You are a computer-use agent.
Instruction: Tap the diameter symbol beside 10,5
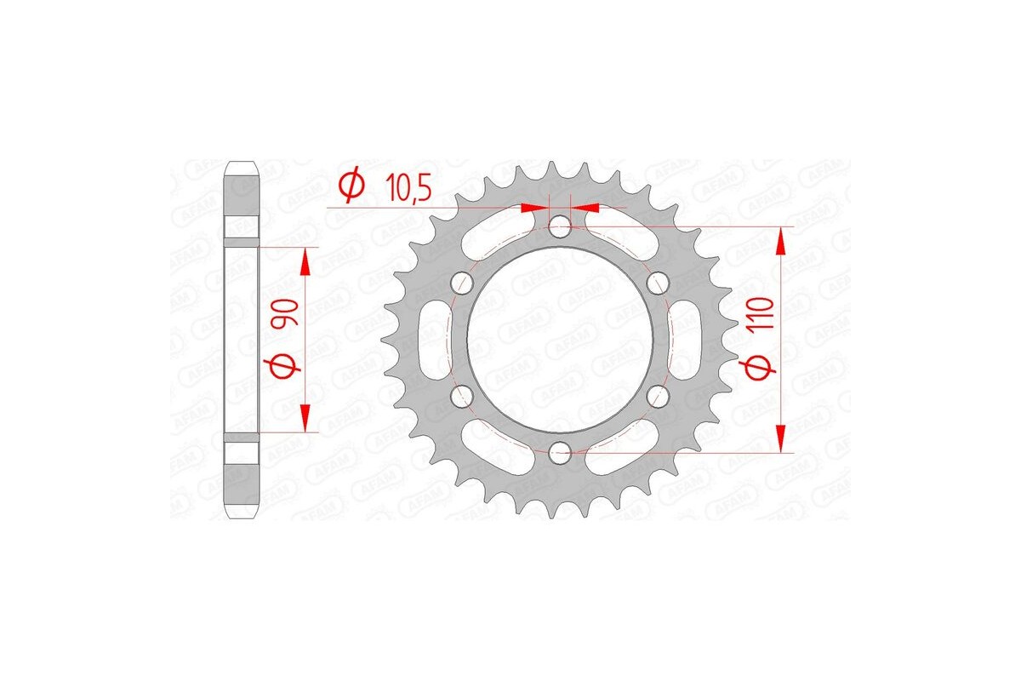click(351, 184)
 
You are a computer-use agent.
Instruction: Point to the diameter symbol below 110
click(761, 367)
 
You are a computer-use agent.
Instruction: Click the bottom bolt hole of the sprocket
click(560, 451)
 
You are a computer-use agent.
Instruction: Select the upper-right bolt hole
click(657, 282)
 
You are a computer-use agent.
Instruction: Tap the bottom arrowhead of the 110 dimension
click(781, 439)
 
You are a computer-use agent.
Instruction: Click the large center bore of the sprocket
click(560, 339)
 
